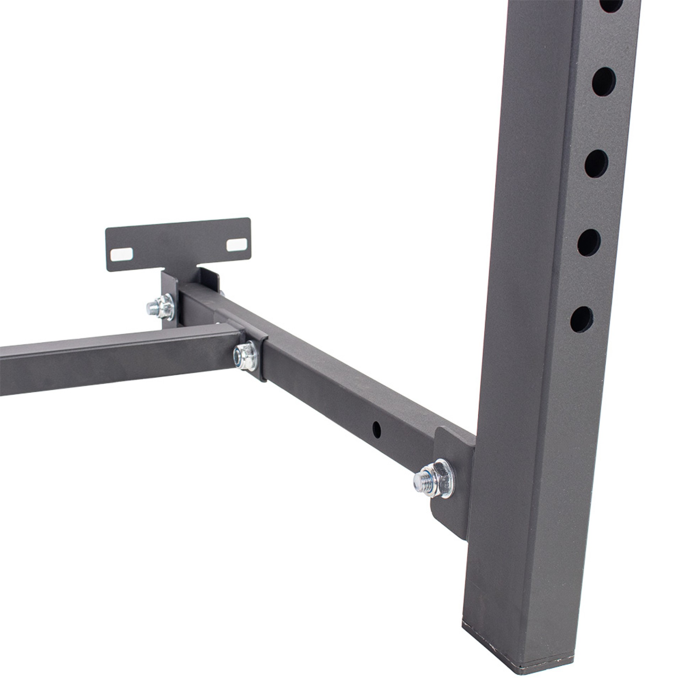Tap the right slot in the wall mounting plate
click(237, 244)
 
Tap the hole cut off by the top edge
click(621, 4)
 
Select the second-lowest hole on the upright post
click(589, 243)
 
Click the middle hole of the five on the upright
click(596, 164)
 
